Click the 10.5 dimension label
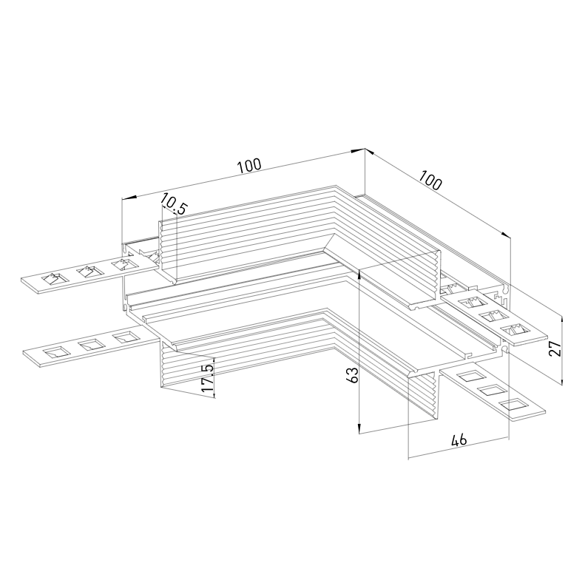[x=174, y=204]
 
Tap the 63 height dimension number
[x=352, y=375]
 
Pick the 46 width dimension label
[x=459, y=440]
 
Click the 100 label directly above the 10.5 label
[x=250, y=166]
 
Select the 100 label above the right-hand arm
[x=430, y=180]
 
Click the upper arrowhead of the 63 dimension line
[x=359, y=275]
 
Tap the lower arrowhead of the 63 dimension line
[x=359, y=428]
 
